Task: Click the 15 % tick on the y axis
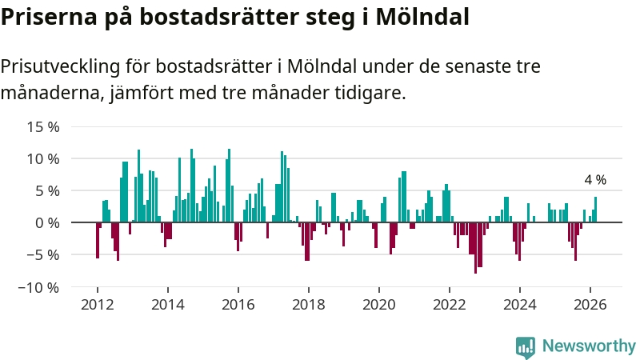click(43, 126)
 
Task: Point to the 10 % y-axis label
click(43, 158)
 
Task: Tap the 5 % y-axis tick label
click(46, 190)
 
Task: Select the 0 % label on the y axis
click(46, 222)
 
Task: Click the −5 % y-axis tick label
click(43, 254)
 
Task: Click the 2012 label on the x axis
click(98, 304)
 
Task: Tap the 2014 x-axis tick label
click(168, 304)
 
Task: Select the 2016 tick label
click(238, 304)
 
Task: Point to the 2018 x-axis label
click(309, 304)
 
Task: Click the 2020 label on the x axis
click(379, 304)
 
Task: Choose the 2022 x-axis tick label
click(450, 304)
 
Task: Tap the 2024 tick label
click(520, 304)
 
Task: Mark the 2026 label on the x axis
click(590, 304)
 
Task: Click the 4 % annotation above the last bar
click(595, 180)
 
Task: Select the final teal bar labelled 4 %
click(595, 210)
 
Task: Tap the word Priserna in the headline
click(48, 16)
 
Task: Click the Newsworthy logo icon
click(526, 346)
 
